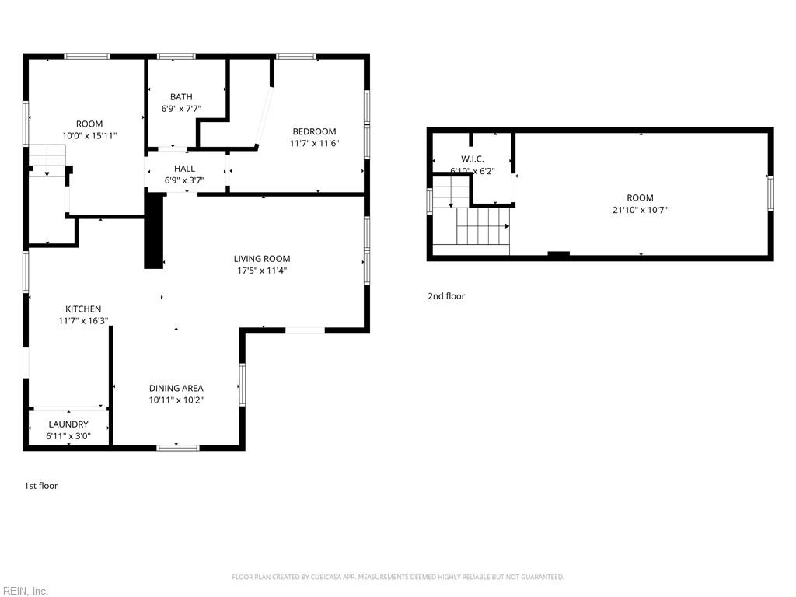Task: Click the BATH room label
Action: click(x=181, y=97)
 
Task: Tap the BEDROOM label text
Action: click(x=314, y=131)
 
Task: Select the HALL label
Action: click(x=184, y=169)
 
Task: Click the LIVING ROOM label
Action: click(x=262, y=259)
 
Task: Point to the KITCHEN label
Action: click(x=83, y=309)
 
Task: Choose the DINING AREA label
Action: click(x=176, y=388)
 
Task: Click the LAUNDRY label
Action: click(x=68, y=424)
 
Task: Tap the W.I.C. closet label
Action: click(x=472, y=159)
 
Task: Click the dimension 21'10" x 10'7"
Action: click(x=641, y=210)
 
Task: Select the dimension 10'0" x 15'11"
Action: click(x=89, y=136)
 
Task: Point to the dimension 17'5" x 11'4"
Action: click(x=262, y=271)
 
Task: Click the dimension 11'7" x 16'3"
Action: click(x=83, y=321)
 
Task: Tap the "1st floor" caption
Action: click(x=41, y=486)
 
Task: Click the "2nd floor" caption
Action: click(x=446, y=296)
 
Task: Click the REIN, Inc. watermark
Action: click(x=24, y=591)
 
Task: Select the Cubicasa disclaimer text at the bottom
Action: click(x=398, y=577)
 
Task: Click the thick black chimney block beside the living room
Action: click(x=154, y=232)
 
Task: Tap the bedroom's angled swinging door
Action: click(x=264, y=117)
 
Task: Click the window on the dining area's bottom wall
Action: click(x=177, y=447)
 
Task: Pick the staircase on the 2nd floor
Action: click(x=470, y=218)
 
